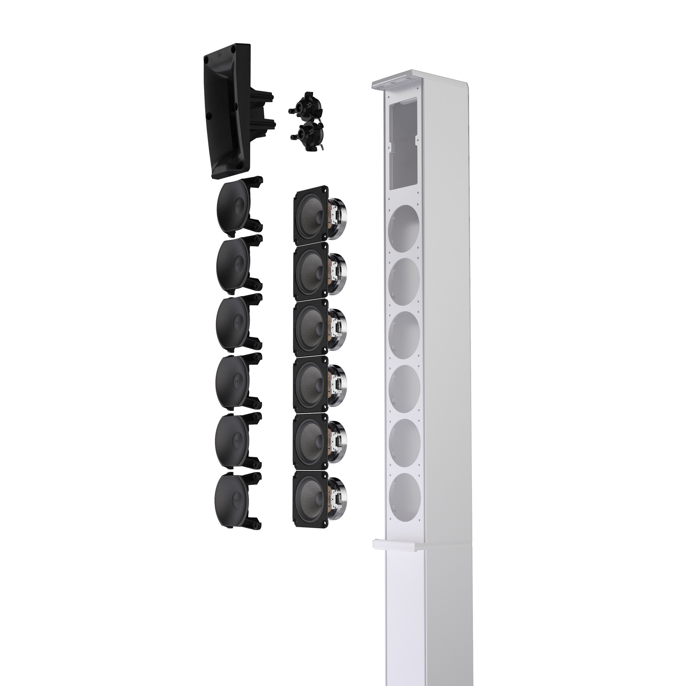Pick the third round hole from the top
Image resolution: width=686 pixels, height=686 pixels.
(x=404, y=330)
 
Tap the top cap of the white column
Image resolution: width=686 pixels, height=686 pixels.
(x=419, y=80)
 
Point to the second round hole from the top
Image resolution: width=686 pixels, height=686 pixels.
(x=404, y=277)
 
